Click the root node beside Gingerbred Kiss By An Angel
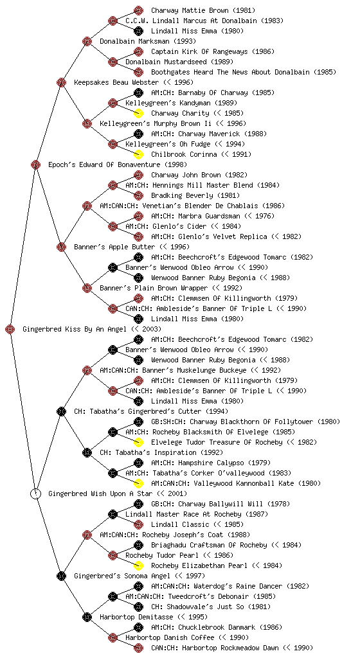[10, 330]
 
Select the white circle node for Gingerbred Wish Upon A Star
[35, 494]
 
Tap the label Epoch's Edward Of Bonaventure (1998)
[118, 164]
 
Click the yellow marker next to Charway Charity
[138, 113]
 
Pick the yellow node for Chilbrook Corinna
[138, 154]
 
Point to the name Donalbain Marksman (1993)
[148, 41]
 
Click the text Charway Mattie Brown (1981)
[203, 10]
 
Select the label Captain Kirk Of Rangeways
[200, 51]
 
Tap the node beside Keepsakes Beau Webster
[61, 82]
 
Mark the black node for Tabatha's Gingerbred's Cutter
[61, 411]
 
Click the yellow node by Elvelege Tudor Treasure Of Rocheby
[138, 442]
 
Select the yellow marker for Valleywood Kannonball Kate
[138, 483]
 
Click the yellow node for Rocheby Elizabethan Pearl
[138, 565]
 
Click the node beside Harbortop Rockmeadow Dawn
[138, 648]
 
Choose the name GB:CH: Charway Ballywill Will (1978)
[221, 504]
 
